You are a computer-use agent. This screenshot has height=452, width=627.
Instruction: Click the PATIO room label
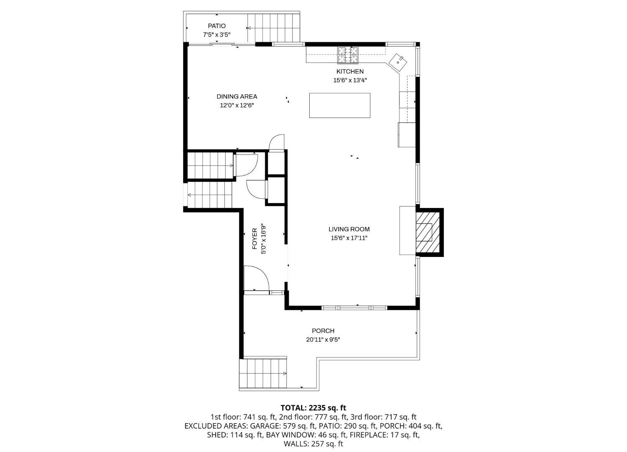tap(217, 26)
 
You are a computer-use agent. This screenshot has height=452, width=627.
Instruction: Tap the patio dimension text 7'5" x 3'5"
tap(217, 35)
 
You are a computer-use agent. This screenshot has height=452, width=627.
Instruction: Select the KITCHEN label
tap(350, 71)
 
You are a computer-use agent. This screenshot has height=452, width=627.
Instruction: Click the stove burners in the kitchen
tap(348, 55)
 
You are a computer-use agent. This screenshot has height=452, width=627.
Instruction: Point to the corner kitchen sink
tap(398, 62)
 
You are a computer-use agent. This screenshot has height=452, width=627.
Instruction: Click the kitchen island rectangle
tap(339, 105)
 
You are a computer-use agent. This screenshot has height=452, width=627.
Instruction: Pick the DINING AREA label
tap(237, 96)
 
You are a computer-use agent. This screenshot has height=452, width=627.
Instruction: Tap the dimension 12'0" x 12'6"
tap(237, 105)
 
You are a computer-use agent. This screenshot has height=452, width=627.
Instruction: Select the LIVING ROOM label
tap(349, 229)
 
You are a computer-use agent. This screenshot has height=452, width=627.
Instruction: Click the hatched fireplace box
tap(428, 232)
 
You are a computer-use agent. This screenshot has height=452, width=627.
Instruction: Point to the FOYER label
tap(255, 239)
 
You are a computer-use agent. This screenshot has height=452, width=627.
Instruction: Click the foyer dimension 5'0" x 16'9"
tap(263, 239)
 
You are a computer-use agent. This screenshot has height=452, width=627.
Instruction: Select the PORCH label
tap(323, 331)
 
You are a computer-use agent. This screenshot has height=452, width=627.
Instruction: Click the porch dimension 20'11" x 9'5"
tap(323, 340)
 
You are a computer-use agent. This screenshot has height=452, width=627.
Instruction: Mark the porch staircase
tap(263, 373)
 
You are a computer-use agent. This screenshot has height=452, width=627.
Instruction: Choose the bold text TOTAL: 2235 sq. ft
tap(313, 408)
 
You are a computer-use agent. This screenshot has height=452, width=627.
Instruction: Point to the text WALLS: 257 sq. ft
tap(313, 444)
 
